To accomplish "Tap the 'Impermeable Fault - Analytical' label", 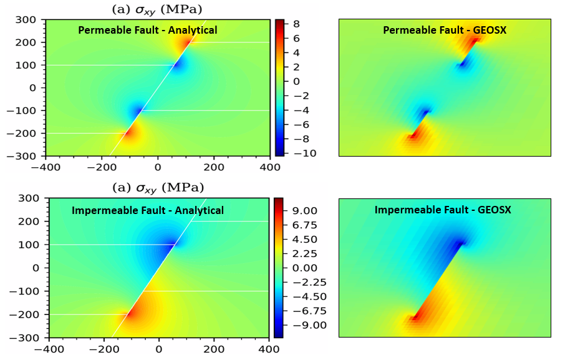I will (x=148, y=210).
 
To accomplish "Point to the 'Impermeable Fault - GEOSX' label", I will (x=443, y=210).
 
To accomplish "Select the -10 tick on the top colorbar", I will (x=300, y=153).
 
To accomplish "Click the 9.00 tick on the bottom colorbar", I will (x=304, y=210).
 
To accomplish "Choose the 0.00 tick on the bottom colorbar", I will (x=304, y=268).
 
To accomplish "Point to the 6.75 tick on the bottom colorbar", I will (x=304, y=225).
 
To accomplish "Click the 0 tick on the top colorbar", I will (x=296, y=81).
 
